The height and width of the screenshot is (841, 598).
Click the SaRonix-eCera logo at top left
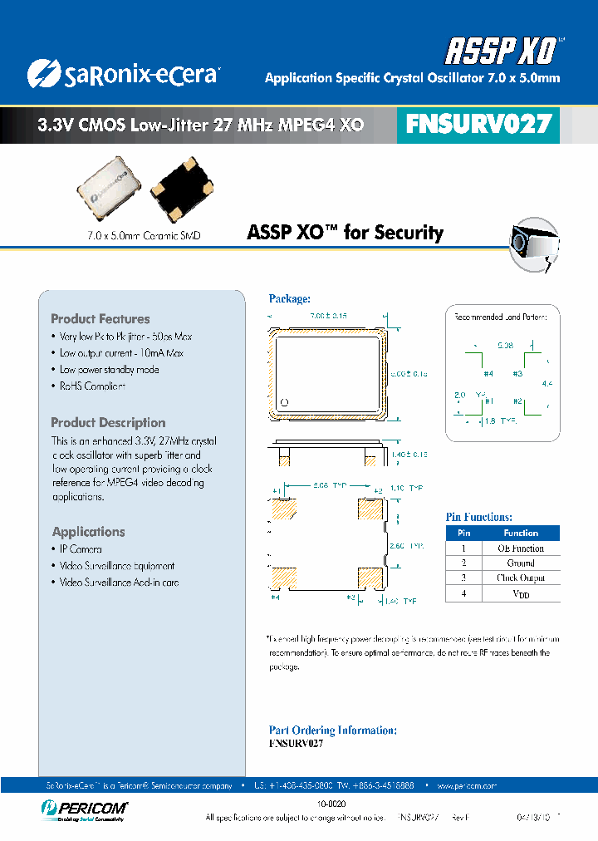[122, 74]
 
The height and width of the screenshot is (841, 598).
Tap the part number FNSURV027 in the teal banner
[478, 124]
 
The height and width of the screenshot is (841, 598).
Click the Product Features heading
[100, 319]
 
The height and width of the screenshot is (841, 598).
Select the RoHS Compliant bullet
[92, 386]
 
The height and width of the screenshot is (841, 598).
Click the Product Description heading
[108, 423]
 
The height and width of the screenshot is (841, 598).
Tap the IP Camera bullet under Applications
[81, 549]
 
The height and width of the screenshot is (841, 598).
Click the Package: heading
[289, 299]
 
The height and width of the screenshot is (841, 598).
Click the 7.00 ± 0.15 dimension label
[327, 317]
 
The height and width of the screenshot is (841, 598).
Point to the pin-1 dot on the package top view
[285, 403]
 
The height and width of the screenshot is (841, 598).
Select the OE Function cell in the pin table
[521, 548]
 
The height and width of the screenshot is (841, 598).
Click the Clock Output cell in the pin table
[521, 578]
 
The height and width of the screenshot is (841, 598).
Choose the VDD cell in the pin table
[521, 594]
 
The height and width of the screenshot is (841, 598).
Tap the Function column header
[521, 534]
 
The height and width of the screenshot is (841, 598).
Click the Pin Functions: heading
[479, 517]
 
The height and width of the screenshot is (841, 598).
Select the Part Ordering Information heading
[332, 730]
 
